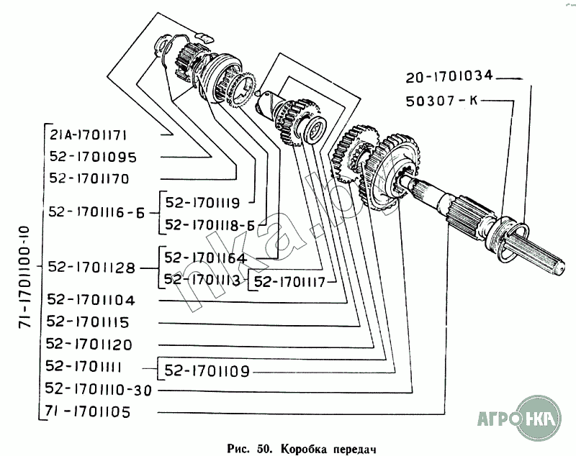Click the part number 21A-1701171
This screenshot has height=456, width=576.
89,134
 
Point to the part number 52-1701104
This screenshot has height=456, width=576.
91,298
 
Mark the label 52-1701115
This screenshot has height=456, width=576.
91,322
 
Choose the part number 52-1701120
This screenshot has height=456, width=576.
91,344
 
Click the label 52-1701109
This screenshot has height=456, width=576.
207,371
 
